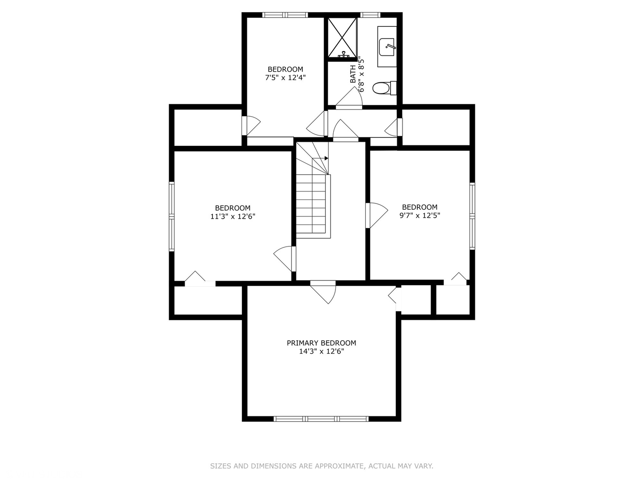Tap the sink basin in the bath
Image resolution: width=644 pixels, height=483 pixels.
coord(386,47)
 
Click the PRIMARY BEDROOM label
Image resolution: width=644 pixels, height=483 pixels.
coord(321,343)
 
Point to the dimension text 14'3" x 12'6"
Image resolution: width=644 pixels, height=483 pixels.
coord(321,352)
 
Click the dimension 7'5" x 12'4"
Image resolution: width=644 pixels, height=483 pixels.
coord(285,78)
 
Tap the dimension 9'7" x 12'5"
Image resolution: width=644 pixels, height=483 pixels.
coord(419,216)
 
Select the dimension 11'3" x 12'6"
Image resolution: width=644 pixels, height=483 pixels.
coord(233,216)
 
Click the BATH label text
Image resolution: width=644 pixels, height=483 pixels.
coord(353,74)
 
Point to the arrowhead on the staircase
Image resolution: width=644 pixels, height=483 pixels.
coord(326,158)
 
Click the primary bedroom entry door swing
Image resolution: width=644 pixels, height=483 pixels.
coord(323,292)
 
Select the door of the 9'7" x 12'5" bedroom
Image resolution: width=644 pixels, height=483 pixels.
coord(377,215)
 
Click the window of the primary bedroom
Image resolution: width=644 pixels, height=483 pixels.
coord(321,419)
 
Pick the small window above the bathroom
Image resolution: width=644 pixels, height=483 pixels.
coord(370,15)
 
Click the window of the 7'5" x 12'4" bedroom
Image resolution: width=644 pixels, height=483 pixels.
coord(285,15)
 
